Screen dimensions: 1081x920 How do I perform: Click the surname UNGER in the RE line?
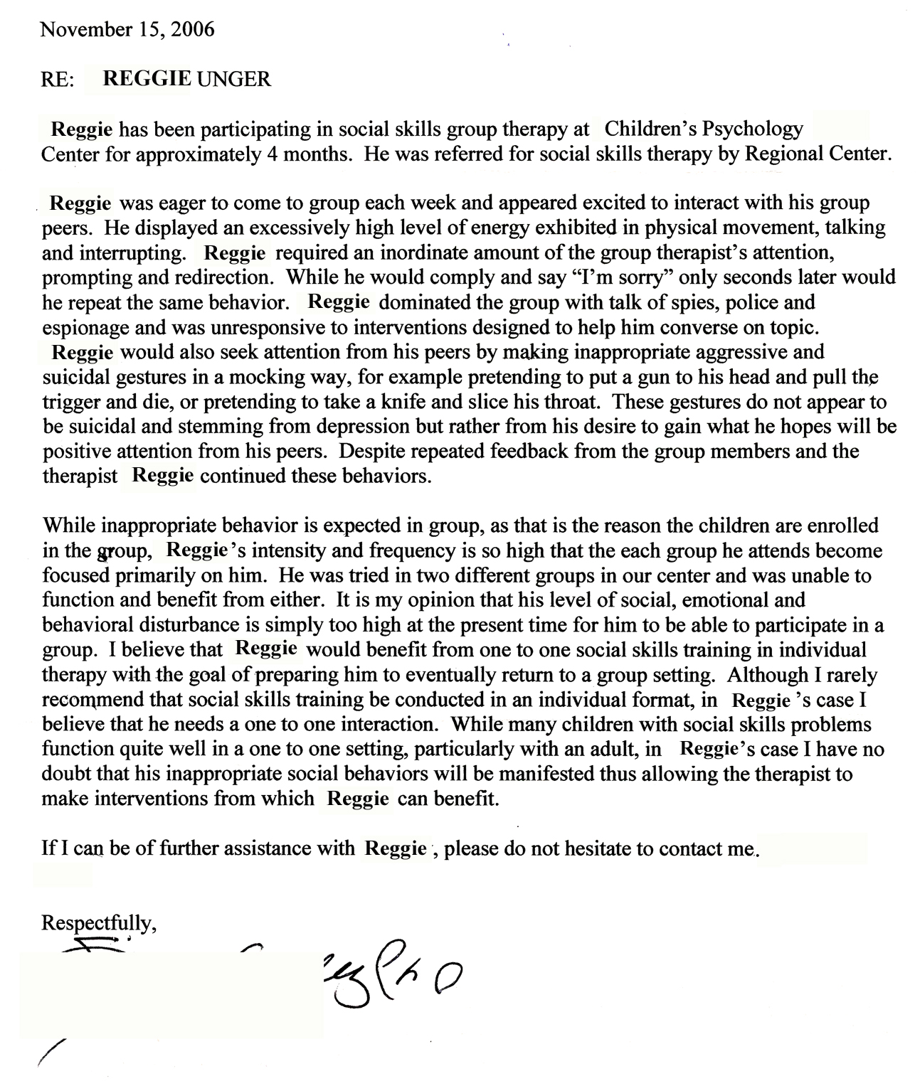pyautogui.click(x=234, y=79)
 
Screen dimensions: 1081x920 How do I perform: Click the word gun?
pyautogui.click(x=621, y=377)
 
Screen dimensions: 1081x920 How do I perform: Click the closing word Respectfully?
pyautogui.click(x=98, y=924)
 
